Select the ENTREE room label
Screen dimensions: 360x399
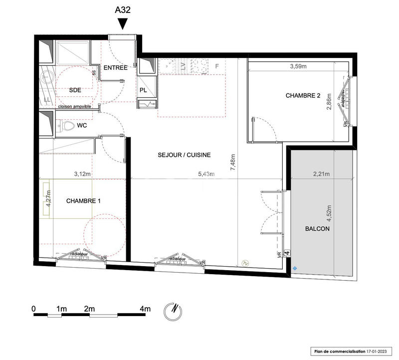click(116, 67)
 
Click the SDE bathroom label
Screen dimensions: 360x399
click(75, 90)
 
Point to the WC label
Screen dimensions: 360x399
click(82, 126)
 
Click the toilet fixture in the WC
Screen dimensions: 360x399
click(64, 127)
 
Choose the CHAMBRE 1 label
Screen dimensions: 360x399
click(84, 201)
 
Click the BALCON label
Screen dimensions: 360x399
click(317, 229)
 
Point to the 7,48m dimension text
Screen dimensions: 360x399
click(233, 163)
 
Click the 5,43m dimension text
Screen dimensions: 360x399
click(205, 174)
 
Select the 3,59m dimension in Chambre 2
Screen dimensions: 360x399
click(299, 65)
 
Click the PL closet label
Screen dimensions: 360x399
click(143, 90)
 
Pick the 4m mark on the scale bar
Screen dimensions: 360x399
click(145, 309)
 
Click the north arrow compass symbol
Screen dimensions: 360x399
click(172, 310)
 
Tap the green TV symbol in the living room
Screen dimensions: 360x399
click(244, 263)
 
